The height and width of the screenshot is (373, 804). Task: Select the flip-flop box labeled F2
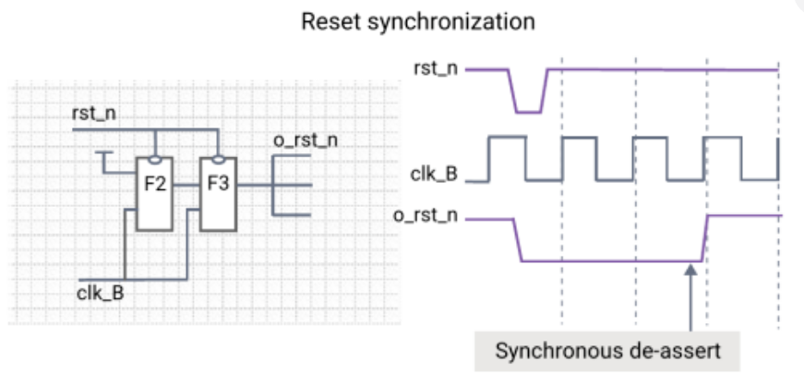click(154, 194)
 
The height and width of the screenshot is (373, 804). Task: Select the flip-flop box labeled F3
click(218, 194)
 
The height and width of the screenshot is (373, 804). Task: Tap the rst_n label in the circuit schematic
click(94, 114)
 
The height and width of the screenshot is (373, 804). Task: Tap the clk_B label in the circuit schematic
click(101, 294)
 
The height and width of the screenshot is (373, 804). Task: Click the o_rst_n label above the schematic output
click(306, 140)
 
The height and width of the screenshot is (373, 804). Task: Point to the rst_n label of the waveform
click(436, 68)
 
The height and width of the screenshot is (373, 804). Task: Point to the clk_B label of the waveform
click(434, 174)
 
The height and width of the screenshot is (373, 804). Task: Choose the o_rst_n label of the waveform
click(426, 215)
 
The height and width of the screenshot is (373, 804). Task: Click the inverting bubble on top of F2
click(155, 160)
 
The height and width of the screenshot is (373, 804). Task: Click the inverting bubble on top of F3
click(219, 160)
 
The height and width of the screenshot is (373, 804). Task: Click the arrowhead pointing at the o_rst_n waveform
click(690, 270)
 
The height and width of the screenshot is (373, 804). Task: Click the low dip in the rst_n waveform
click(528, 112)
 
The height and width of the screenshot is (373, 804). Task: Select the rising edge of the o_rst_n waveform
click(705, 238)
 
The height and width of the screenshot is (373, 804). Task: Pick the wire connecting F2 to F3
click(186, 185)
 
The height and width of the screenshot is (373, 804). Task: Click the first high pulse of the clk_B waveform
click(508, 137)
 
